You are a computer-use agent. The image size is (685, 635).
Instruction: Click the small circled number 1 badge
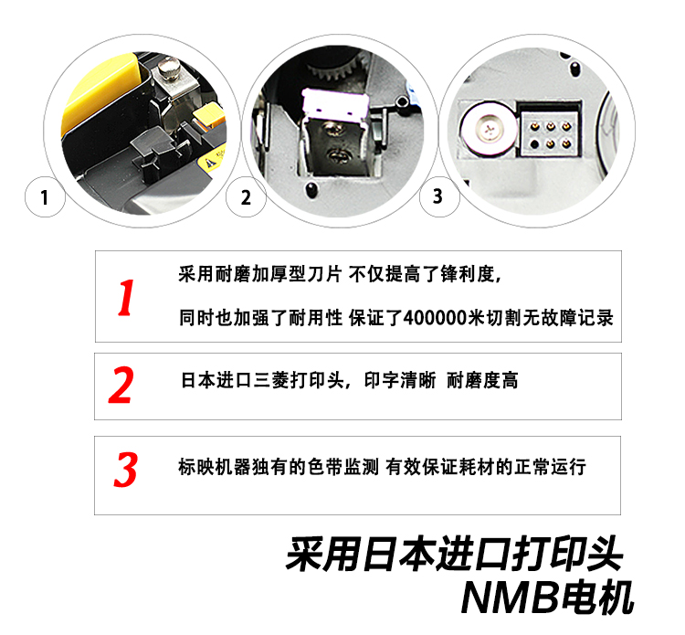[45, 196]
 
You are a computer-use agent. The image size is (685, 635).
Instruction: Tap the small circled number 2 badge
[246, 196]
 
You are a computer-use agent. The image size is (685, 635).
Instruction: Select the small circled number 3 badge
[438, 196]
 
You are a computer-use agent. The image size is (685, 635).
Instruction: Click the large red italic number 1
[126, 298]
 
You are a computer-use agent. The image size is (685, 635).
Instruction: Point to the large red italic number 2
[121, 385]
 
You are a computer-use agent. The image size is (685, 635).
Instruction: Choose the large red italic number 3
[126, 470]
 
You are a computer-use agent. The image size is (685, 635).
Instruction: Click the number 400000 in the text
[435, 318]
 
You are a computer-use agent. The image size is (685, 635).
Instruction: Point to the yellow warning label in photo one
[213, 160]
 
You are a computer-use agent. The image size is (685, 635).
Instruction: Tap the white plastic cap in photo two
[335, 105]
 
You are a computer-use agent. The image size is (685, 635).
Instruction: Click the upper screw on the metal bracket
[333, 129]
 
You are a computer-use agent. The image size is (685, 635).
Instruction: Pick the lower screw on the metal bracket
[337, 154]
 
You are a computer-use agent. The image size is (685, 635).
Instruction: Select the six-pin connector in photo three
[550, 134]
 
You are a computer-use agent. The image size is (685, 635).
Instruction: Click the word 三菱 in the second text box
[271, 380]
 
